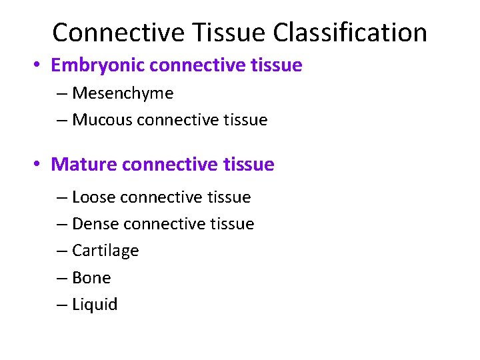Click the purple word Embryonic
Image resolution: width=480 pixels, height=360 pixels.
click(x=98, y=65)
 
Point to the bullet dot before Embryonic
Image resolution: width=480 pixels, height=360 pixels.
click(x=38, y=65)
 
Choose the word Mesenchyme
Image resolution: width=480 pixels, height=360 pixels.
click(x=123, y=93)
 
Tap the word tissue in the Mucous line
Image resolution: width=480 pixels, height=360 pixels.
click(x=244, y=120)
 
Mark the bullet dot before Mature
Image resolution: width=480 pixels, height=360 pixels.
click(x=38, y=164)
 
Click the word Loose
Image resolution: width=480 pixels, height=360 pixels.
click(x=94, y=197)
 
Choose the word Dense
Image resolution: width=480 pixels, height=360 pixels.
click(x=96, y=224)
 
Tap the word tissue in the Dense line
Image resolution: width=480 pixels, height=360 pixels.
click(x=231, y=224)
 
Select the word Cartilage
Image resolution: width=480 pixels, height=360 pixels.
click(x=105, y=251)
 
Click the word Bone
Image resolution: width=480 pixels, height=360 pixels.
click(x=91, y=277)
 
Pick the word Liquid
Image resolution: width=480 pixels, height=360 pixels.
click(x=95, y=305)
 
